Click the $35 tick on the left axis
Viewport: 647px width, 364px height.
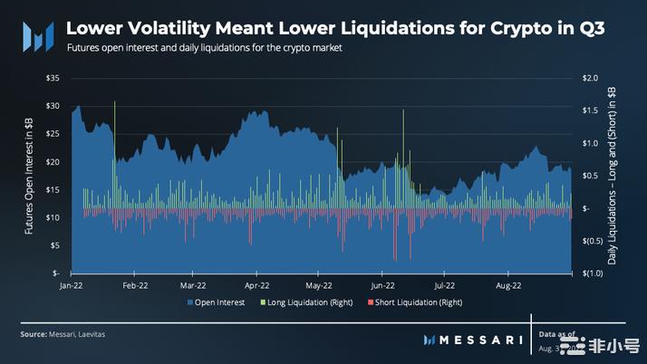click(x=53, y=79)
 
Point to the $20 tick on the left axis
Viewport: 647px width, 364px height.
click(x=53, y=162)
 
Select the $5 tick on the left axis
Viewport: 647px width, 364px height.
click(x=54, y=245)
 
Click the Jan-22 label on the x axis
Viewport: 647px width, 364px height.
click(x=71, y=283)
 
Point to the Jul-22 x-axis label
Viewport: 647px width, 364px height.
click(x=444, y=283)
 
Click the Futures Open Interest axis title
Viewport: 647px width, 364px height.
click(x=29, y=176)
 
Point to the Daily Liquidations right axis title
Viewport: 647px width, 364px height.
click(x=614, y=177)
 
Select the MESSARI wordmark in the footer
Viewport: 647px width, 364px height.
click(x=473, y=340)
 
